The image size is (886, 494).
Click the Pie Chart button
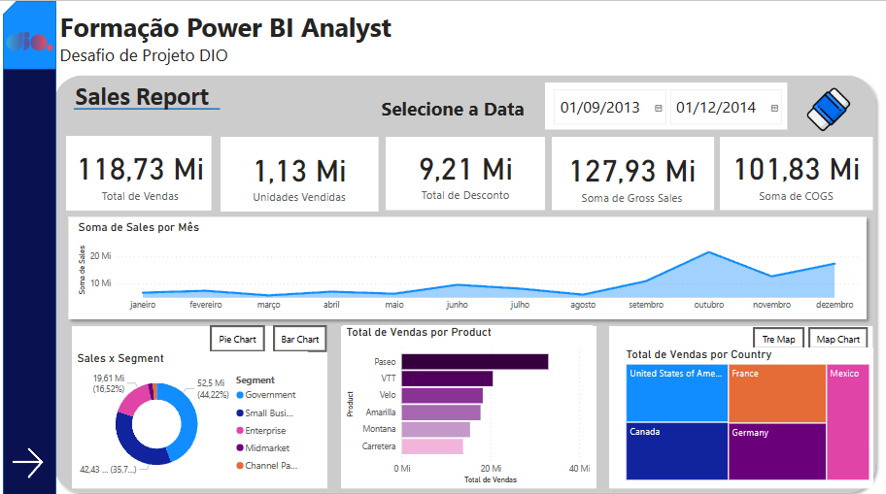point(238,339)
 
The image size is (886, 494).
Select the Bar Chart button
point(300,339)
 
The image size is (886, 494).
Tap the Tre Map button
point(778,339)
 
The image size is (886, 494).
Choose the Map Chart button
point(837,339)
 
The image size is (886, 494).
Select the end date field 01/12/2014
point(716,108)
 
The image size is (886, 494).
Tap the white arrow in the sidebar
point(28,463)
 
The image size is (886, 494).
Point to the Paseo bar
point(474,362)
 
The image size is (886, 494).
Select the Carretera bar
point(432,446)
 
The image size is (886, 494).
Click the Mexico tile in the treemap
point(848,422)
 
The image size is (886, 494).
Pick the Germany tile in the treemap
point(777,451)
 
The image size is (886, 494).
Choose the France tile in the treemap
point(777,393)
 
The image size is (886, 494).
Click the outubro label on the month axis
point(709,305)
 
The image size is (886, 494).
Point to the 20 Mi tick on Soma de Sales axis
point(100,256)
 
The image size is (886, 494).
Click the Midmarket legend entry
point(267,448)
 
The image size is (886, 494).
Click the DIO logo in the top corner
point(28,42)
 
